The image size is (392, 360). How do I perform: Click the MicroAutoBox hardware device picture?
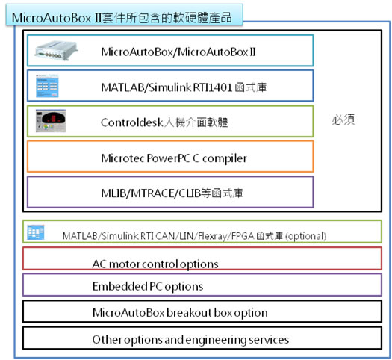56,51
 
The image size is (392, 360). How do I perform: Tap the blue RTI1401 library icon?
47,86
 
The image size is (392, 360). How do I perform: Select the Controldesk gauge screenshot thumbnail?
51,121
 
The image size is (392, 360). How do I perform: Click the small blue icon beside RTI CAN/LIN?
36,232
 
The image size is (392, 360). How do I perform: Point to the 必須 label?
343,120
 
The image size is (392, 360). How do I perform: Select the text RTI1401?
213,87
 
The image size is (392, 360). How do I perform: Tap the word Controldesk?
132,122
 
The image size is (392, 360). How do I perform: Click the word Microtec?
122,158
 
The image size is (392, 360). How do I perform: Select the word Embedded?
119,286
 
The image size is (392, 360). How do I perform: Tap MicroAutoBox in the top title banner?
52,18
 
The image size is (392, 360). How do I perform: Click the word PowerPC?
169,158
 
